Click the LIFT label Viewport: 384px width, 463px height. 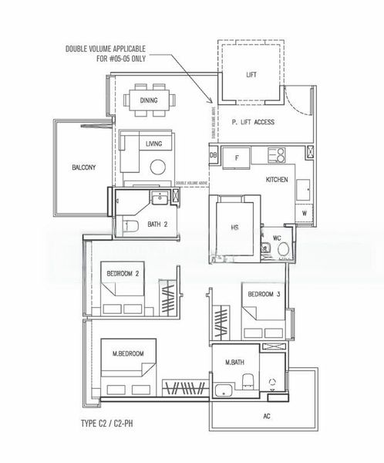click(x=251, y=75)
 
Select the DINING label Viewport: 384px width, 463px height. click(x=149, y=100)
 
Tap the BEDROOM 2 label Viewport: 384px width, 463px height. click(x=125, y=273)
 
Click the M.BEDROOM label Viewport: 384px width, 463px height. click(x=129, y=353)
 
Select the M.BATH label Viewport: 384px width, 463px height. click(x=234, y=362)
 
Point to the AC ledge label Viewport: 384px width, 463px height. click(x=266, y=415)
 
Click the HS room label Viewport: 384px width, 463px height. click(x=235, y=227)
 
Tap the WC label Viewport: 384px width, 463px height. click(x=275, y=238)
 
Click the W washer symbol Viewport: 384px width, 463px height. click(x=305, y=213)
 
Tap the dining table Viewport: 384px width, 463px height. click(x=149, y=100)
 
